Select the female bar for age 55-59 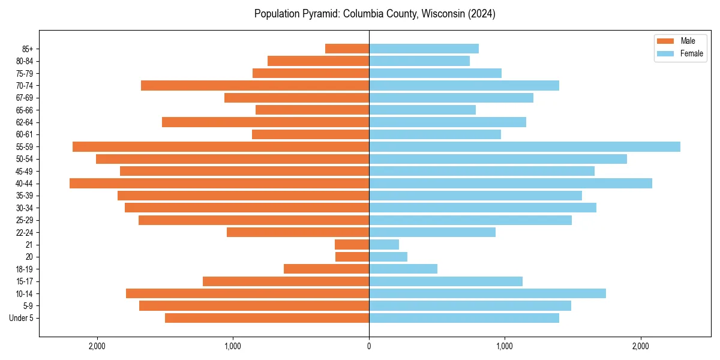[x=524, y=146]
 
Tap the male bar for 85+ [x=347, y=49]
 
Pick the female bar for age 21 [x=384, y=244]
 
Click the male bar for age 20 [x=352, y=257]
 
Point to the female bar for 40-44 [x=510, y=183]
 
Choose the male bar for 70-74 [x=255, y=85]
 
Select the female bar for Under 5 [x=464, y=318]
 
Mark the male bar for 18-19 [x=326, y=269]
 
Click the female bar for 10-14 [x=487, y=293]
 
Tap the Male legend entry [x=688, y=41]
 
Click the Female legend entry [x=691, y=53]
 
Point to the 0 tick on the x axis [x=369, y=346]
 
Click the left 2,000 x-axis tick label [x=97, y=346]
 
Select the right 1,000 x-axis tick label [x=505, y=346]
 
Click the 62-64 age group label [x=25, y=122]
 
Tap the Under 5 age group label [x=21, y=318]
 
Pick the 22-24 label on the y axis [x=25, y=232]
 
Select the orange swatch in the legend [x=666, y=41]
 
